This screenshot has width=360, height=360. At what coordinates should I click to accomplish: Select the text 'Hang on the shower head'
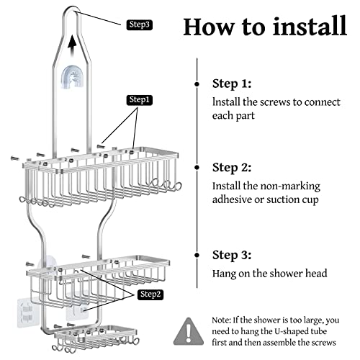[x=271, y=274]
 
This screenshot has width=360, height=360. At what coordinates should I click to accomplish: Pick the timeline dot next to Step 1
[x=197, y=84]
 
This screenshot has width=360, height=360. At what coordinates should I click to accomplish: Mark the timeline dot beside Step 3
[x=197, y=255]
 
